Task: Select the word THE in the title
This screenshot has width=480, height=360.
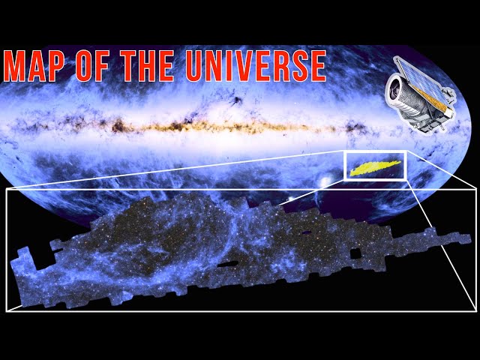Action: tap(147, 66)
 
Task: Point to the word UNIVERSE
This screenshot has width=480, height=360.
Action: tap(256, 66)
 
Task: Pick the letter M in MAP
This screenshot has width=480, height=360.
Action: tap(14, 66)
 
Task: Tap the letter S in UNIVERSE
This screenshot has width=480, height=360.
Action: tap(295, 66)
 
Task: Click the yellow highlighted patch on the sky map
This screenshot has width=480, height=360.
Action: tap(375, 168)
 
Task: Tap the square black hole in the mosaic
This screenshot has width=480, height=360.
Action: tap(355, 254)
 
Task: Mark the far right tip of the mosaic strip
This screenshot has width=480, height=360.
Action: tap(471, 238)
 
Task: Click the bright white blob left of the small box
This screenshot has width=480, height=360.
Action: tap(325, 181)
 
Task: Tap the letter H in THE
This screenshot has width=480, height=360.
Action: tap(147, 66)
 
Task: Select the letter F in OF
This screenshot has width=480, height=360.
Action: tap(102, 66)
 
